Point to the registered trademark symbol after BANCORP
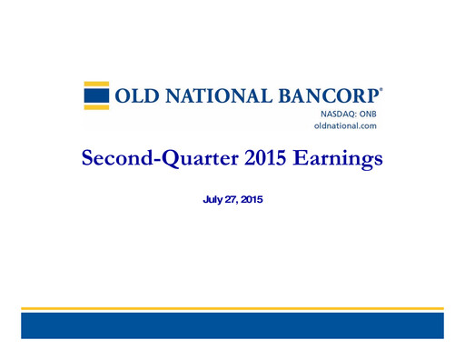click(x=381, y=90)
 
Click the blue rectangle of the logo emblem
click(x=97, y=95)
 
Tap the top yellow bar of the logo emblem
click(x=97, y=85)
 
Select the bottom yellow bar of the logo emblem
click(x=97, y=105)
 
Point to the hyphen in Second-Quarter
click(x=152, y=161)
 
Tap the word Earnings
click(x=337, y=159)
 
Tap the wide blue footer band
click(x=232, y=325)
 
